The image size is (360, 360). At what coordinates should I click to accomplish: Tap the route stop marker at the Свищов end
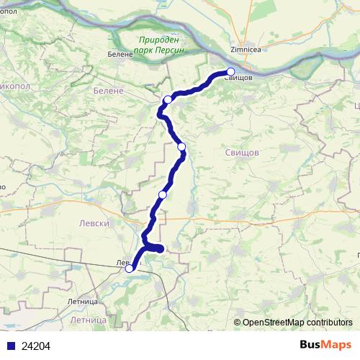[231, 71]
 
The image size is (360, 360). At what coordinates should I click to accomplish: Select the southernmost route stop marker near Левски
[130, 269]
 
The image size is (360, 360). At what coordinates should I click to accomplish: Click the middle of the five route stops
[181, 147]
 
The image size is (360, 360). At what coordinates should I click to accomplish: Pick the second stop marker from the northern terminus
[167, 100]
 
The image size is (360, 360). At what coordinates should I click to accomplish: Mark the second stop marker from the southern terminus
[163, 195]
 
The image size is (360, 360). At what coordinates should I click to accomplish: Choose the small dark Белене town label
[120, 54]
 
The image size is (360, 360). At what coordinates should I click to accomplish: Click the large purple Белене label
[109, 91]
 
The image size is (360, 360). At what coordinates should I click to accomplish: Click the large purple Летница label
[89, 318]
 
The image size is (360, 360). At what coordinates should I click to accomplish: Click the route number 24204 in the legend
[36, 346]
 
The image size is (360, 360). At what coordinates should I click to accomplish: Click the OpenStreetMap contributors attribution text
[297, 323]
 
